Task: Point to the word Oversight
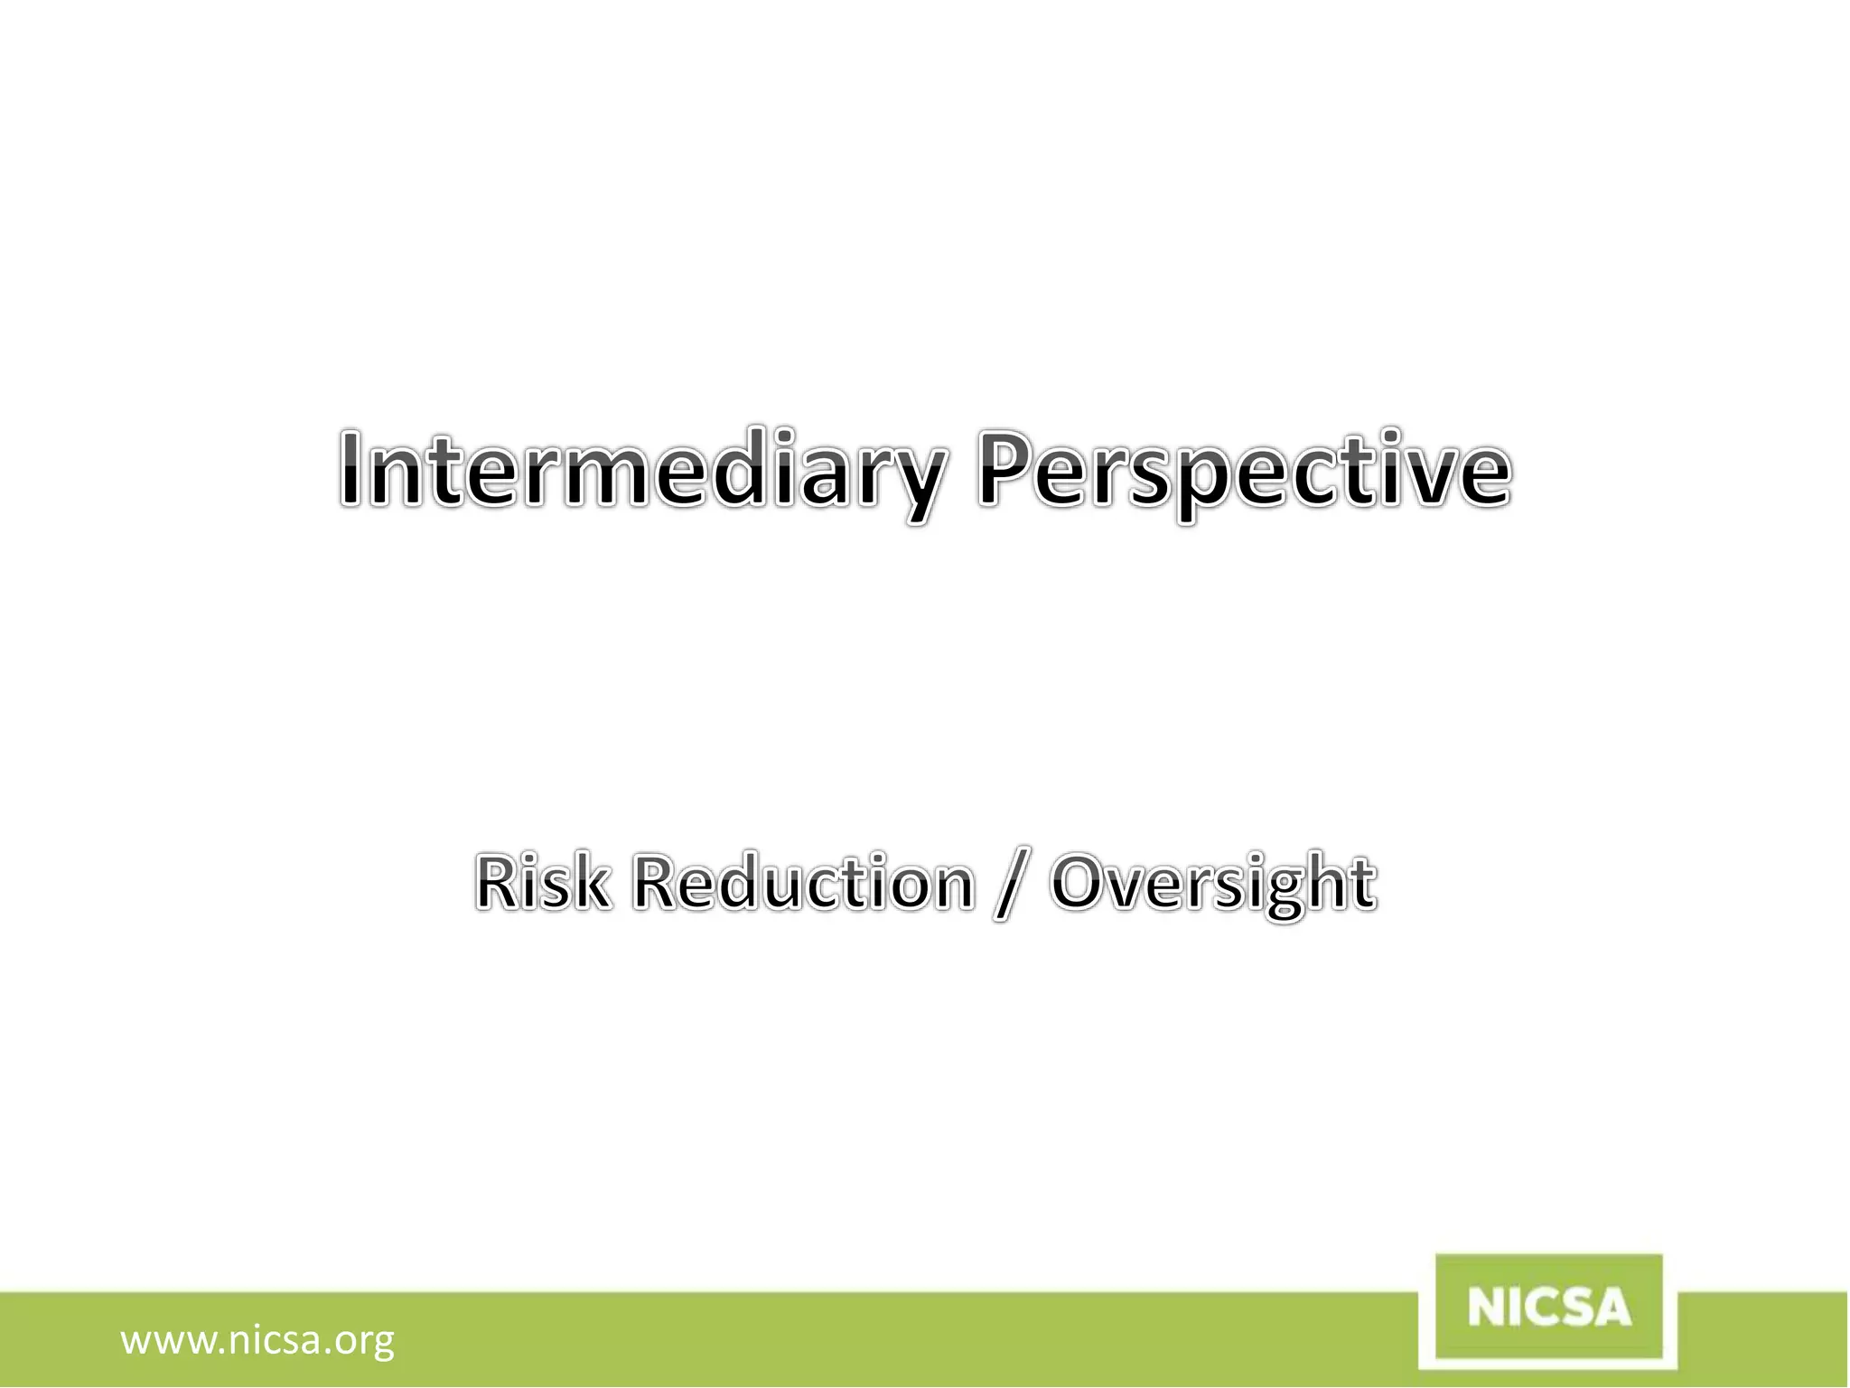point(1213,884)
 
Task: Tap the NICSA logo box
point(1549,1308)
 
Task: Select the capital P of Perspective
point(1004,468)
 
